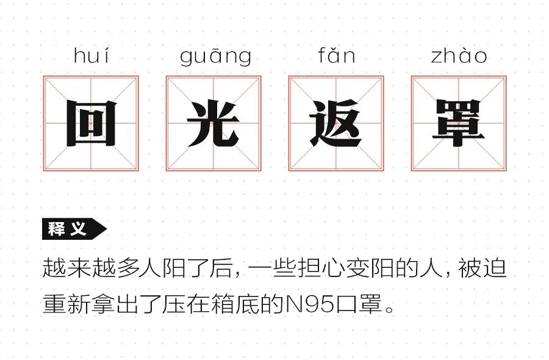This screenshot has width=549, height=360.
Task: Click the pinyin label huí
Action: pyautogui.click(x=91, y=56)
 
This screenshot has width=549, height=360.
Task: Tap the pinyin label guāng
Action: pyautogui.click(x=215, y=57)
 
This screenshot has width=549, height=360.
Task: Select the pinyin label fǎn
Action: pyautogui.click(x=336, y=56)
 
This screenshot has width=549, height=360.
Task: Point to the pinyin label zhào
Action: pyautogui.click(x=459, y=56)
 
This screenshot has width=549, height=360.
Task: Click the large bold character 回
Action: pyautogui.click(x=91, y=124)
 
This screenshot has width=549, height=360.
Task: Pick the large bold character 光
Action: pyautogui.click(x=213, y=124)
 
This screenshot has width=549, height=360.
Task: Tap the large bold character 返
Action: pyautogui.click(x=336, y=124)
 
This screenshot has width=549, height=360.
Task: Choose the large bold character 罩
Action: pyautogui.click(x=459, y=124)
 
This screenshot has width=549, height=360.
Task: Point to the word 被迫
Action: pyautogui.click(x=487, y=268)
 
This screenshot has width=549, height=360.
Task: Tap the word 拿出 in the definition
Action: pyautogui.click(x=113, y=303)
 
